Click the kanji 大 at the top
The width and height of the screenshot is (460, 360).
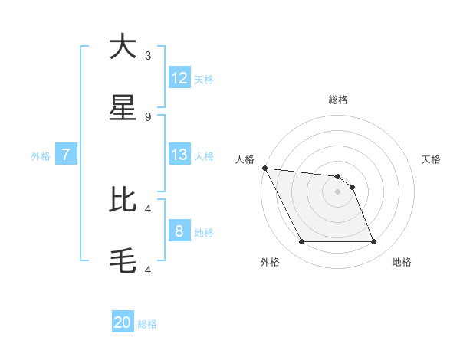tap(123, 47)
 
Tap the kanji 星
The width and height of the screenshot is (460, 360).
tap(123, 109)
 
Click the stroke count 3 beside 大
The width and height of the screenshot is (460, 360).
tap(148, 56)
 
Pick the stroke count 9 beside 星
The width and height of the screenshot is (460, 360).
tap(148, 117)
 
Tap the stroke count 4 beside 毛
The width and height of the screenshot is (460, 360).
tap(148, 270)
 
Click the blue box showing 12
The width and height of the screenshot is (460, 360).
tap(179, 78)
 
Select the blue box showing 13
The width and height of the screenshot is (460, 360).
tap(179, 155)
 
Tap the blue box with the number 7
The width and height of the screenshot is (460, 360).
tap(66, 155)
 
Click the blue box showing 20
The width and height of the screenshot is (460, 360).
tap(123, 322)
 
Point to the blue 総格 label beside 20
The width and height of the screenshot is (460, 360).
tap(147, 324)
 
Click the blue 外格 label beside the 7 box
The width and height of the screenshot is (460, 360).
tap(41, 156)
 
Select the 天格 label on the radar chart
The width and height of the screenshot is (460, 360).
tap(432, 159)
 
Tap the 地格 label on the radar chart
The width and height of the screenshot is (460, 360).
tap(402, 262)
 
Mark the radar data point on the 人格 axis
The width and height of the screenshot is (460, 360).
tap(264, 168)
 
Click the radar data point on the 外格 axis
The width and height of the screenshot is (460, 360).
tap(301, 242)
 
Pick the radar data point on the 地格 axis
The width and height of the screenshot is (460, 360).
tap(373, 242)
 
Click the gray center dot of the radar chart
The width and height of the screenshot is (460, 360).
tap(337, 191)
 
